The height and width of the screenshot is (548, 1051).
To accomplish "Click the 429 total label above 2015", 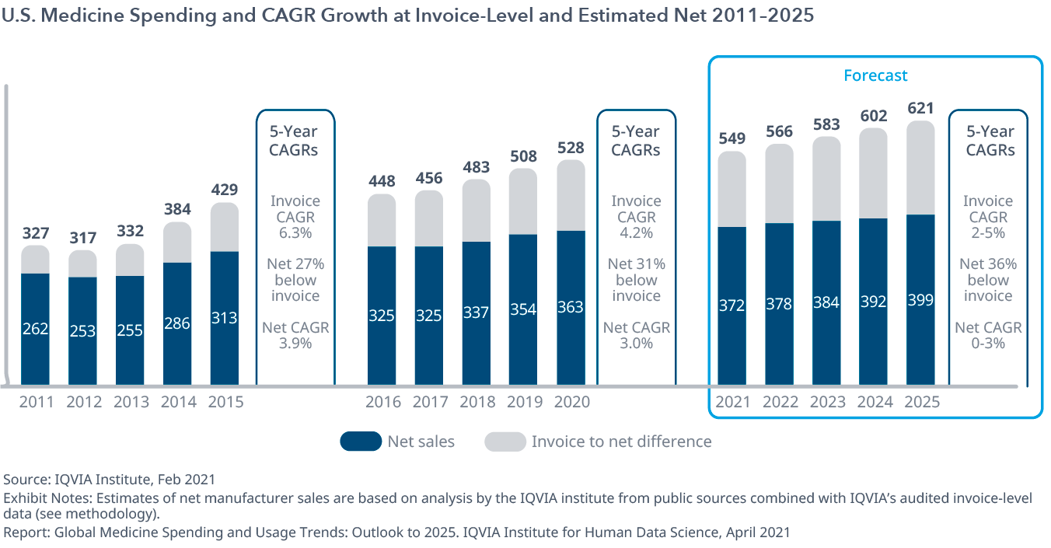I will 225,190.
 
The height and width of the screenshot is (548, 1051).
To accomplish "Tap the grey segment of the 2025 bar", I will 920,167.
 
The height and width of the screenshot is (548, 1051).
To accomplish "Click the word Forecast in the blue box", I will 875,75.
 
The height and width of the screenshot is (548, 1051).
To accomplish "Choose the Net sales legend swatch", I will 361,442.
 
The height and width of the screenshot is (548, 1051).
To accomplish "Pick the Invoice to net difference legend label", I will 621,442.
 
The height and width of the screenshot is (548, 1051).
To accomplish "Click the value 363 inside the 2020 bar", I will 571,307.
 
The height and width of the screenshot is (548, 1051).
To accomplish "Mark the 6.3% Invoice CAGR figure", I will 295,232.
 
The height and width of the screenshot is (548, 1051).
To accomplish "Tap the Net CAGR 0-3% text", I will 988,335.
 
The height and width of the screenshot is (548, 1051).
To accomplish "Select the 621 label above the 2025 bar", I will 920,108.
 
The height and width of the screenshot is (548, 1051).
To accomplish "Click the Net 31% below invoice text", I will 636,280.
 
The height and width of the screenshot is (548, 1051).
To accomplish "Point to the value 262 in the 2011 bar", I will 36,329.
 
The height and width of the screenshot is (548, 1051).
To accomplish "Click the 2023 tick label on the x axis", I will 827,403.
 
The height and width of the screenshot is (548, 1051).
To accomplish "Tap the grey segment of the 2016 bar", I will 382,220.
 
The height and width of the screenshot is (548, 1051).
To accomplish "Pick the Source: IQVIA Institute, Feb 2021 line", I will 110,480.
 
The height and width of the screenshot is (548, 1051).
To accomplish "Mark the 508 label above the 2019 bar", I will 523,156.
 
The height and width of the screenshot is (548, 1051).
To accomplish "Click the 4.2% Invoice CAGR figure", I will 636,232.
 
